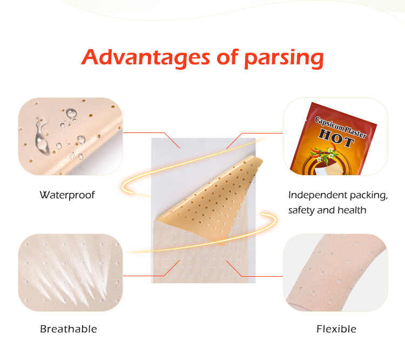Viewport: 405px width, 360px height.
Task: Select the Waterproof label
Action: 67,195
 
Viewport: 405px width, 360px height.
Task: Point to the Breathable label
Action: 69,329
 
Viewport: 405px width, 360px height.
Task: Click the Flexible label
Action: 336,329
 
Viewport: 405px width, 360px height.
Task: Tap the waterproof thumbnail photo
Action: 70,136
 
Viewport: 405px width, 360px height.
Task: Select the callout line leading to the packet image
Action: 259,133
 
